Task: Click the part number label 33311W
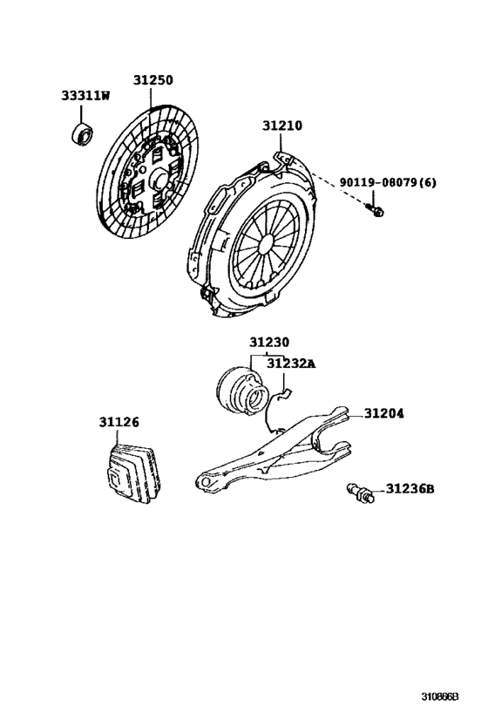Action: pyautogui.click(x=85, y=97)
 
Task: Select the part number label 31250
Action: pyautogui.click(x=152, y=80)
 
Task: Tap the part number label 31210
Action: pyautogui.click(x=282, y=126)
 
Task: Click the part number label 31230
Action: pyautogui.click(x=268, y=343)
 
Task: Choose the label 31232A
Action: pyautogui.click(x=290, y=363)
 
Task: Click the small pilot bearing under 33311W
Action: pyautogui.click(x=81, y=133)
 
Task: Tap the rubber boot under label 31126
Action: pyautogui.click(x=130, y=475)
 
